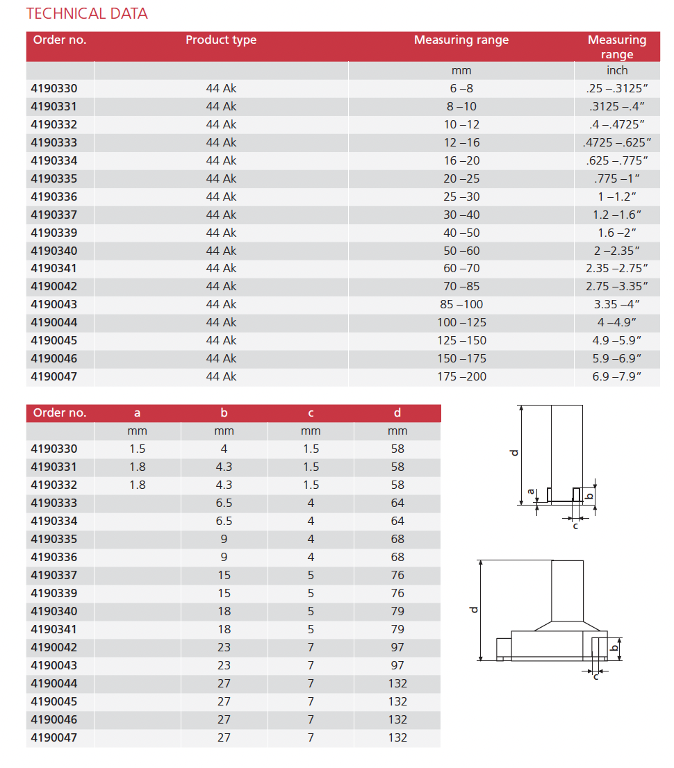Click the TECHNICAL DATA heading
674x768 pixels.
pos(87,14)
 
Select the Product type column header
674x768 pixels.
pos(221,40)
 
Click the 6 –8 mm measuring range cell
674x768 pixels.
pos(461,89)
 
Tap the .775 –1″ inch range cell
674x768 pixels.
pos(617,178)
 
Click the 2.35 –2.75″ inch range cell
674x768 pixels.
pos(617,269)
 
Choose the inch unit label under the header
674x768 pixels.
pos(617,70)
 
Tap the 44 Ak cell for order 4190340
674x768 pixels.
pos(221,251)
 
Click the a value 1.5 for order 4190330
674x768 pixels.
pos(138,449)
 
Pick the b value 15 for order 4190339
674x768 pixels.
pos(224,593)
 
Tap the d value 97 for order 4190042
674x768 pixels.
pos(397,647)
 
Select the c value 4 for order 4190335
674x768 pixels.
pos(311,539)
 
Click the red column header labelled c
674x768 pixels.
pos(311,412)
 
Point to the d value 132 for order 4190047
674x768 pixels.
pos(397,737)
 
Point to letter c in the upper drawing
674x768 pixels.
pos(575,525)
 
